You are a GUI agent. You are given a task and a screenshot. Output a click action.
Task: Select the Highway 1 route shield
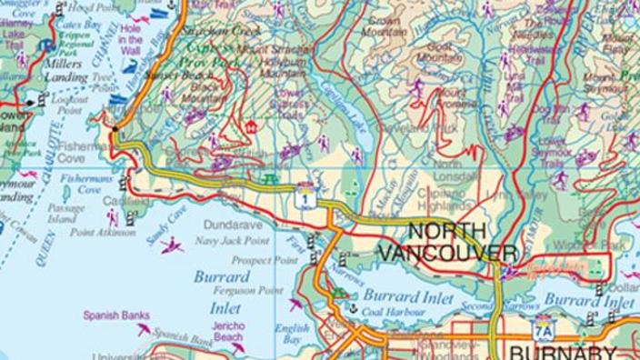311,197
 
